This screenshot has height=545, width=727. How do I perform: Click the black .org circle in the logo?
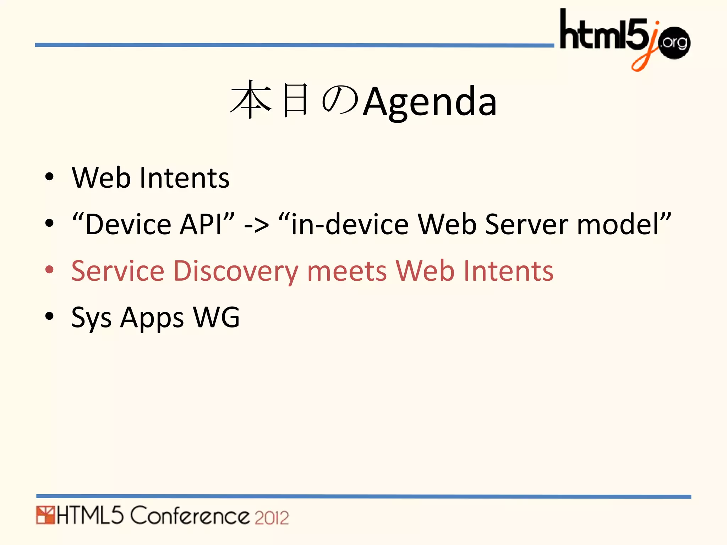(674, 43)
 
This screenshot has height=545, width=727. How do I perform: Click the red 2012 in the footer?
(272, 517)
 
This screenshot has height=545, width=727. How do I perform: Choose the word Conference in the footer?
(190, 516)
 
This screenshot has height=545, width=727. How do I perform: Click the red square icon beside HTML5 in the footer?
(45, 516)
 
